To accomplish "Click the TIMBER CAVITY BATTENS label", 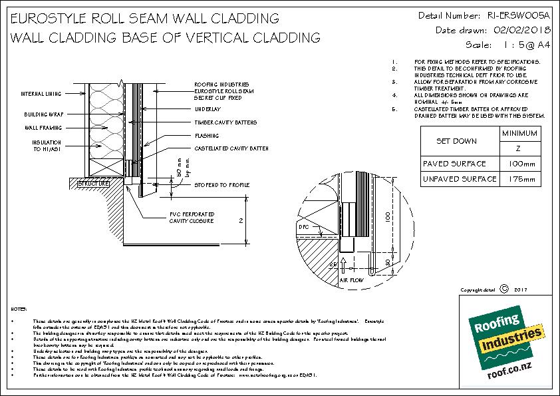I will click(225, 123).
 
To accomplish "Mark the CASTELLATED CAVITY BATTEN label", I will click(231, 148).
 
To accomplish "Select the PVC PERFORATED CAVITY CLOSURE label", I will click(191, 218).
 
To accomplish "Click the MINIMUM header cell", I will click(520, 134).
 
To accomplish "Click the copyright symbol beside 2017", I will click(503, 289).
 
